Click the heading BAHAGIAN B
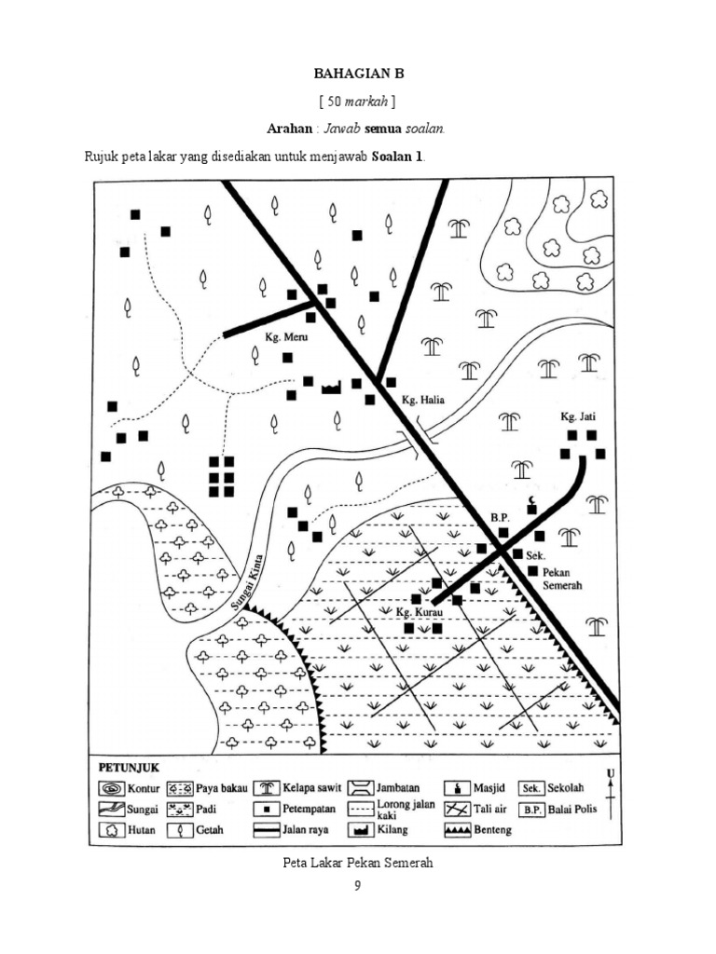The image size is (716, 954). tap(359, 72)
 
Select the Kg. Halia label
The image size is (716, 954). tap(422, 401)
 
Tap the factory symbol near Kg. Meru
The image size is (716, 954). tap(331, 388)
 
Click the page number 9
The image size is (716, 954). tap(357, 886)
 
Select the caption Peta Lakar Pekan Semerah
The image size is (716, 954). tap(358, 863)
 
